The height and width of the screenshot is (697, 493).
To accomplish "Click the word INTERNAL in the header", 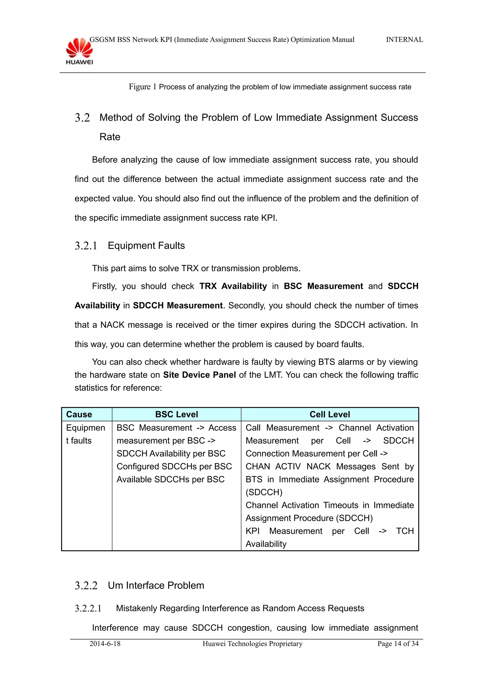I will tap(404, 40).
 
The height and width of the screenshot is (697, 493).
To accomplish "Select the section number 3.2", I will tap(82, 118).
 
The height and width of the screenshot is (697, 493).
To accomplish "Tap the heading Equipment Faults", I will tap(146, 246).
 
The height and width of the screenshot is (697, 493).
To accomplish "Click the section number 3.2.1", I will tap(86, 246).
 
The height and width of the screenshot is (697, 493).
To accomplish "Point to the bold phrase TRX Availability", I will tap(233, 286).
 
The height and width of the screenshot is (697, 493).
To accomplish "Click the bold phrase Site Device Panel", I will tap(199, 375).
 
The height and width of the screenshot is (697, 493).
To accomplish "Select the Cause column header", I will tap(79, 414).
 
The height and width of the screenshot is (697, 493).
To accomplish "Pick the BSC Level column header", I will tap(176, 414).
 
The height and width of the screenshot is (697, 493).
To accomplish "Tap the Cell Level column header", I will tap(330, 414).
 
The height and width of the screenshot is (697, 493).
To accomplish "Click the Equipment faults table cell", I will tap(85, 434).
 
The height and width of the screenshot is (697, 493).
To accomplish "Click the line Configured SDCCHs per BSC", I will tap(174, 466).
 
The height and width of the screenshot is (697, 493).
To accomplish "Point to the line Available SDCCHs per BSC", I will tap(170, 479).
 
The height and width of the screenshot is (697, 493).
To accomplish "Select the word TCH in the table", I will tap(405, 531).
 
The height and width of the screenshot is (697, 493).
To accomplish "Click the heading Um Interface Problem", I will tap(156, 585).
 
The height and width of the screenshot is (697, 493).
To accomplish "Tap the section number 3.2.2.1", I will tap(88, 608).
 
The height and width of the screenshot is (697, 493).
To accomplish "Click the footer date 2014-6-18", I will tap(105, 644).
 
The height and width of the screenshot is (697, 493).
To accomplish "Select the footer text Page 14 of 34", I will tap(398, 644).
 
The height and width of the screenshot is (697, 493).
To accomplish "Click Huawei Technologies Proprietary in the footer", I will tap(253, 644).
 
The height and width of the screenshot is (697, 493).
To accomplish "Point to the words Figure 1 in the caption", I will tap(142, 87).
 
